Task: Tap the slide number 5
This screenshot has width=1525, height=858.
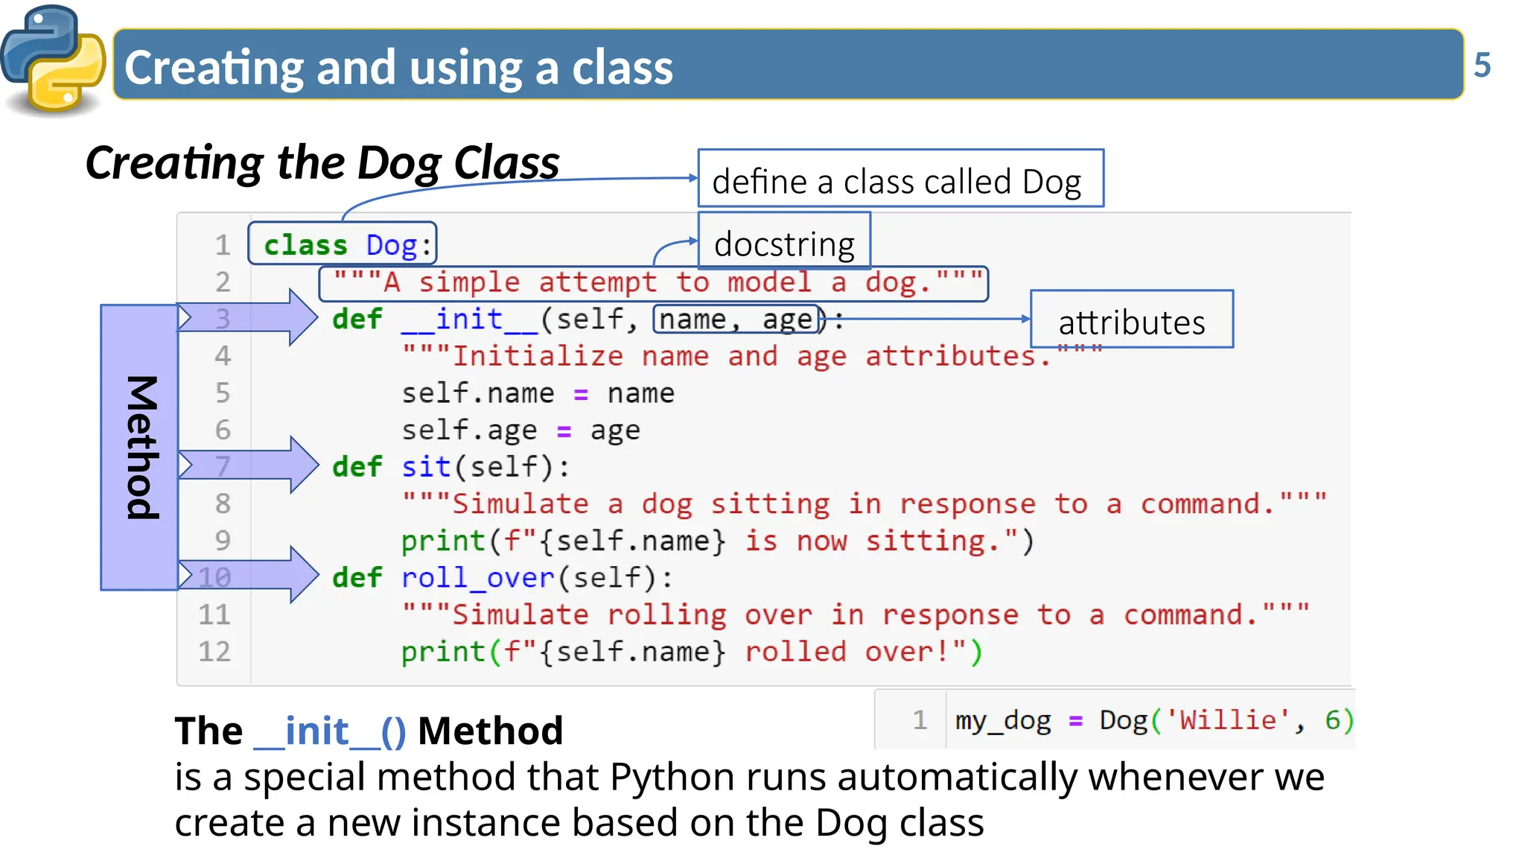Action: (1482, 66)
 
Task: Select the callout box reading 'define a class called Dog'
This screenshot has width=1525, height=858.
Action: (900, 179)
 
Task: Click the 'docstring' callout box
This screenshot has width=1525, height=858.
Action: (784, 242)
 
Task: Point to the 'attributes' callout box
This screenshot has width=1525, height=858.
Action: (1131, 320)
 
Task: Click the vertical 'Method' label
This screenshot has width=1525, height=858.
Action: (140, 447)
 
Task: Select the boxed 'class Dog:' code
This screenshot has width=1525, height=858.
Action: (343, 244)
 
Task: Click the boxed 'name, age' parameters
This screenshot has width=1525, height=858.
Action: (736, 320)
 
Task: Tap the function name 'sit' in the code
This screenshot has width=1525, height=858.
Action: (426, 467)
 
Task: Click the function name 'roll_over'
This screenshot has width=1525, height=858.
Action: (477, 578)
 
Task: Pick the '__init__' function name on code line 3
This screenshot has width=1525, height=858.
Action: (469, 320)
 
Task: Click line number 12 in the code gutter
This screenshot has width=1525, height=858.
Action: (214, 652)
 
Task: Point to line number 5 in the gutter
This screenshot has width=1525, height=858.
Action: (222, 393)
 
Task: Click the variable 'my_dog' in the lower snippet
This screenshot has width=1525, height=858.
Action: (1002, 720)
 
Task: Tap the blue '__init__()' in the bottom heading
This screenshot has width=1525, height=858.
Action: (330, 731)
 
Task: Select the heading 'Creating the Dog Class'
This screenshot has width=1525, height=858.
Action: (322, 162)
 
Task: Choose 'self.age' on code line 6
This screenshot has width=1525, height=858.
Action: (469, 430)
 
